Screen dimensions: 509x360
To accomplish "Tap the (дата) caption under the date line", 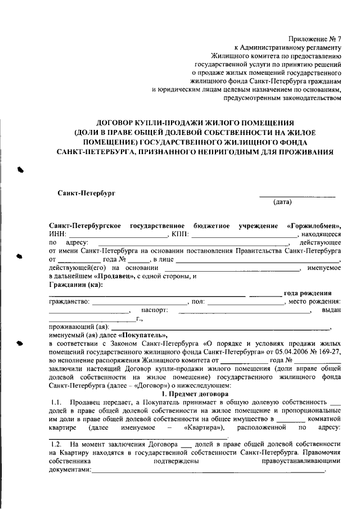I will coord(282,201).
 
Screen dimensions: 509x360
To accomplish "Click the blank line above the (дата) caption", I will coord(297,195).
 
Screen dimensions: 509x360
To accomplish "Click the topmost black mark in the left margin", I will coord(21,169).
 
